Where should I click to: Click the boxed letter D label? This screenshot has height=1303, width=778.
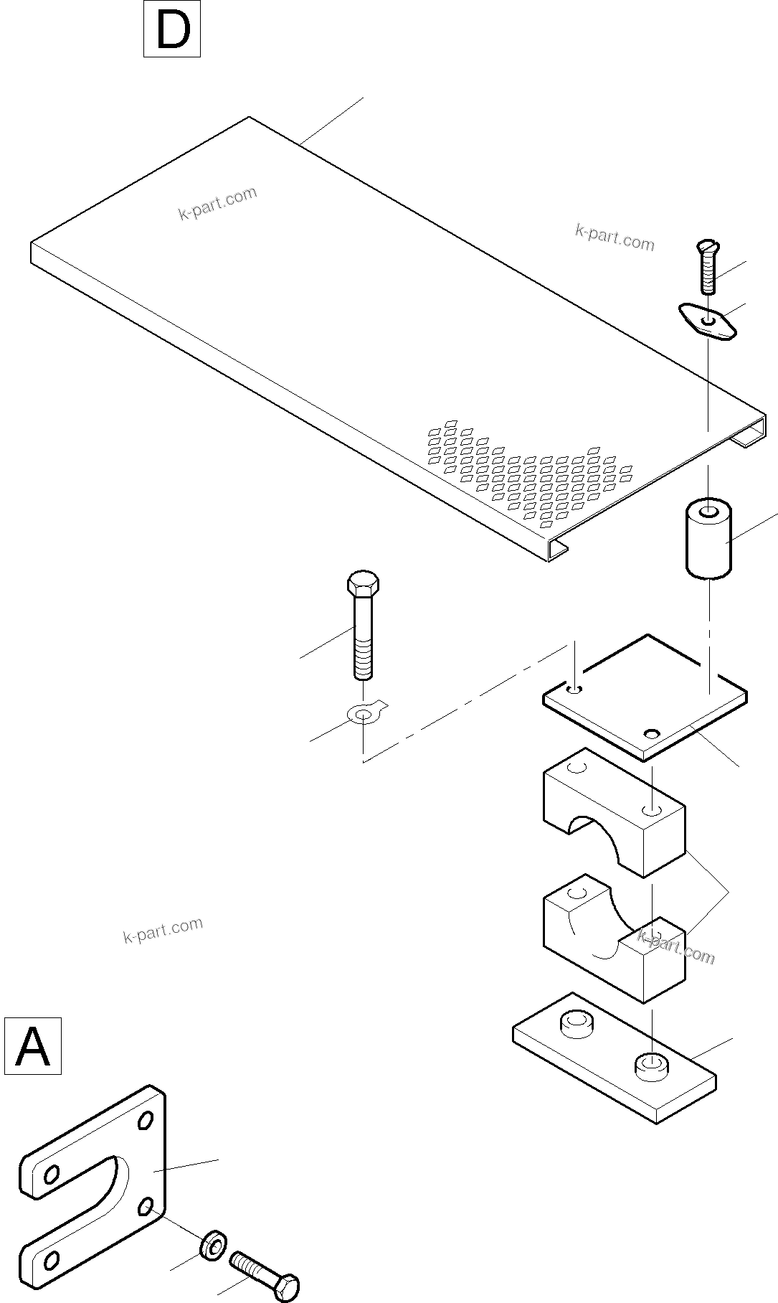click(172, 29)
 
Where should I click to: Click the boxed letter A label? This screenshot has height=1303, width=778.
click(33, 1045)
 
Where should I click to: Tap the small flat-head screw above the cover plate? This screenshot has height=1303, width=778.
click(707, 267)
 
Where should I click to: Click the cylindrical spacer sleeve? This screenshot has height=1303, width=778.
click(708, 540)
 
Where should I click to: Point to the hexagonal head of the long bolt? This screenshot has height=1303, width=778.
click(363, 583)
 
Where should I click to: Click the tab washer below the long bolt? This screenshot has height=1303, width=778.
click(364, 714)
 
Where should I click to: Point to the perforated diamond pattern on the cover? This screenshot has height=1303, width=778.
click(531, 474)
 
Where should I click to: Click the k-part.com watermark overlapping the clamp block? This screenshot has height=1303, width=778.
click(676, 947)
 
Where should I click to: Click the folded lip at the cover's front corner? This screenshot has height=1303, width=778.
click(559, 550)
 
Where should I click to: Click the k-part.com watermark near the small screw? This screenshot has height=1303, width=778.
click(615, 238)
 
